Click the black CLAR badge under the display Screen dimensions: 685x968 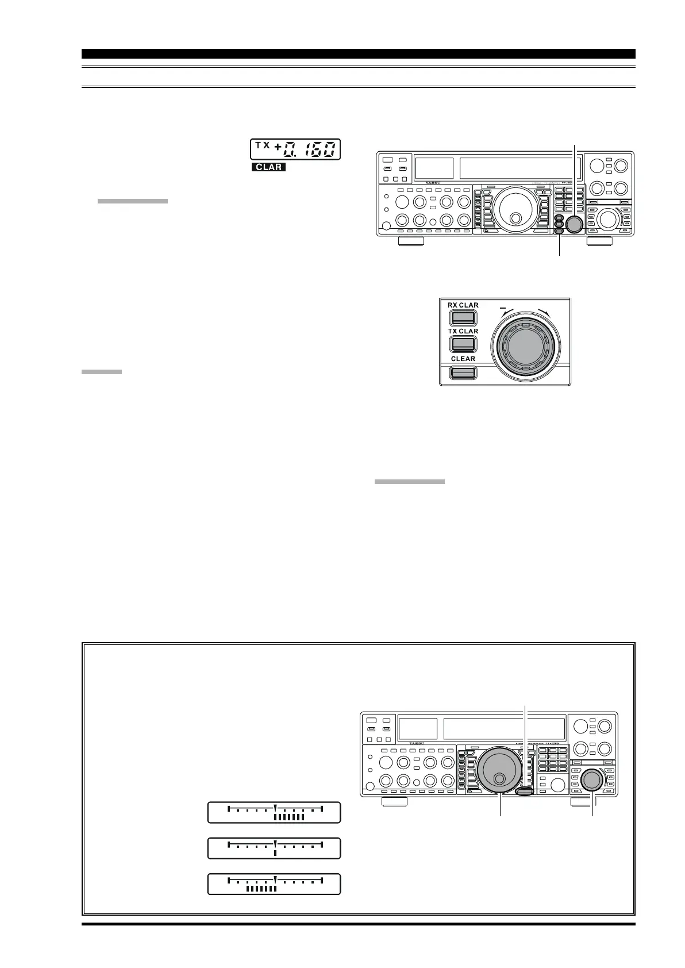pyautogui.click(x=268, y=168)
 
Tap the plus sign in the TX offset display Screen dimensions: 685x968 pyautogui.click(x=278, y=150)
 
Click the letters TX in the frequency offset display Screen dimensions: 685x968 pyautogui.click(x=262, y=146)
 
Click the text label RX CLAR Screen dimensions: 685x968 pyautogui.click(x=463, y=306)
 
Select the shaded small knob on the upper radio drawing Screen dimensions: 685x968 pyautogui.click(x=574, y=224)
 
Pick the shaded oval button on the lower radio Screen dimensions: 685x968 pyautogui.click(x=525, y=792)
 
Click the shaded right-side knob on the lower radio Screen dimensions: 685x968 pyautogui.click(x=591, y=779)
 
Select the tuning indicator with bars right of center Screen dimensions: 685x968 pyautogui.click(x=274, y=812)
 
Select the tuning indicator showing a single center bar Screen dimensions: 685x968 pyautogui.click(x=274, y=848)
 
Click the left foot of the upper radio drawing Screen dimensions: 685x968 pyautogui.click(x=411, y=241)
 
